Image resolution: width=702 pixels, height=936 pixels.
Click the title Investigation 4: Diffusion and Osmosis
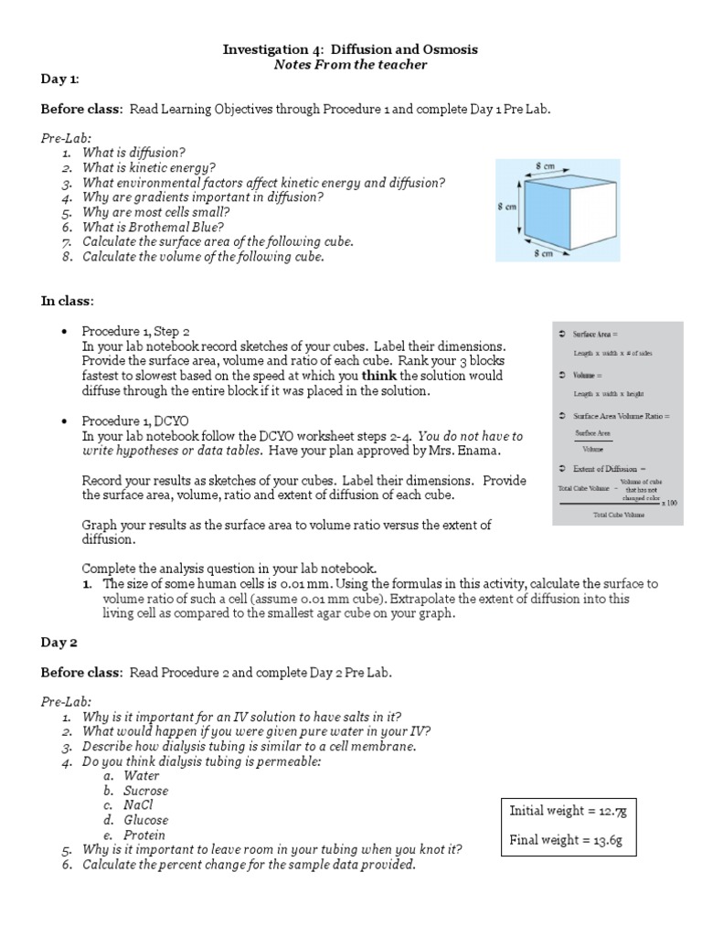click(350, 48)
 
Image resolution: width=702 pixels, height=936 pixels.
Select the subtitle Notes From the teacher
click(351, 65)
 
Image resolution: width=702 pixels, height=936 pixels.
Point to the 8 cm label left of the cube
click(507, 207)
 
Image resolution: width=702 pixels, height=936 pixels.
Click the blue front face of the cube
click(546, 210)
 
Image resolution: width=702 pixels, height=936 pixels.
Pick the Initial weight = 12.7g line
click(561, 811)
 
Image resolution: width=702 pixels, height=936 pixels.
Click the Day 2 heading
click(59, 643)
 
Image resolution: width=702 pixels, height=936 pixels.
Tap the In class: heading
click(67, 300)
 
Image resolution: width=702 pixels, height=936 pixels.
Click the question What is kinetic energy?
click(149, 168)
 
